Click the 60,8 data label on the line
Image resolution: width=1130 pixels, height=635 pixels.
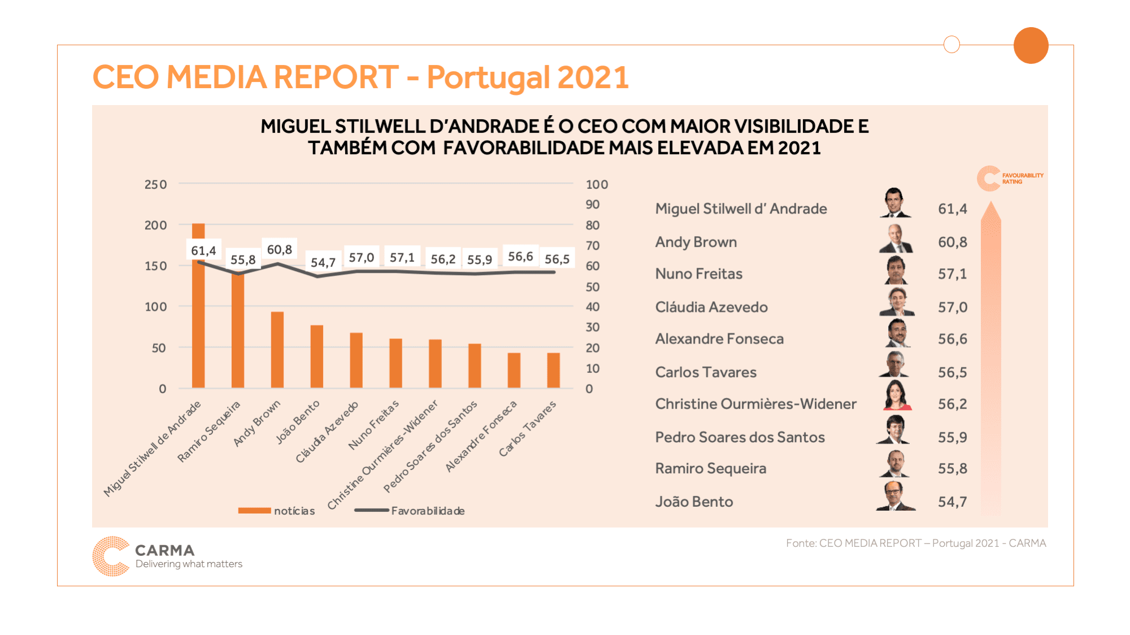point(280,250)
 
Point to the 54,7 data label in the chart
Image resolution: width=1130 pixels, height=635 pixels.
point(323,263)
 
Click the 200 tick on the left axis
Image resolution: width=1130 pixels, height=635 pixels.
point(155,225)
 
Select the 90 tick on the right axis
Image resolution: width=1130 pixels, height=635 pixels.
point(593,205)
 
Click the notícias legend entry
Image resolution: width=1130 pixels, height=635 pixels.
point(277,511)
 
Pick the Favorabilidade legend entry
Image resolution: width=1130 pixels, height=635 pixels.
point(410,511)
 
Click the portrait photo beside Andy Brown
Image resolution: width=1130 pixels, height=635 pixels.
point(896,239)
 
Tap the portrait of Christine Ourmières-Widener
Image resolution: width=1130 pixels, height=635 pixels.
point(897,395)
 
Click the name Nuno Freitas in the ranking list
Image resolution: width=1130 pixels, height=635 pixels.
point(699,274)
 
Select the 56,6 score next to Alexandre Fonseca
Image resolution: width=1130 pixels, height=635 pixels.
point(953,339)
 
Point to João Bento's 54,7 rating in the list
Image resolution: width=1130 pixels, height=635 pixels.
point(953,502)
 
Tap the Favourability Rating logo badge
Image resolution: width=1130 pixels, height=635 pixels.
point(1010,179)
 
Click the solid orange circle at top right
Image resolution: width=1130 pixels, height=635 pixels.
point(1031,45)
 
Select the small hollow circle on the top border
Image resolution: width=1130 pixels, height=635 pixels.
point(952,44)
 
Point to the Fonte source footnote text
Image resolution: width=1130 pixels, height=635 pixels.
point(916,543)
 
